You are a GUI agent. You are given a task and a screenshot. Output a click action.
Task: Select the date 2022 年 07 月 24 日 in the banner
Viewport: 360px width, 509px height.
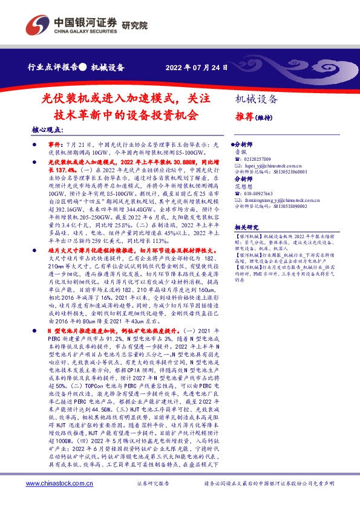(x=197, y=68)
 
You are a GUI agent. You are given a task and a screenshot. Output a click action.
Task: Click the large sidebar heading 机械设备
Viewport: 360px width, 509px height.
(x=257, y=99)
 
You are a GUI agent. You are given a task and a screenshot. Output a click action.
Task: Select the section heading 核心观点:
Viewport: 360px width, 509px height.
(x=48, y=131)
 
